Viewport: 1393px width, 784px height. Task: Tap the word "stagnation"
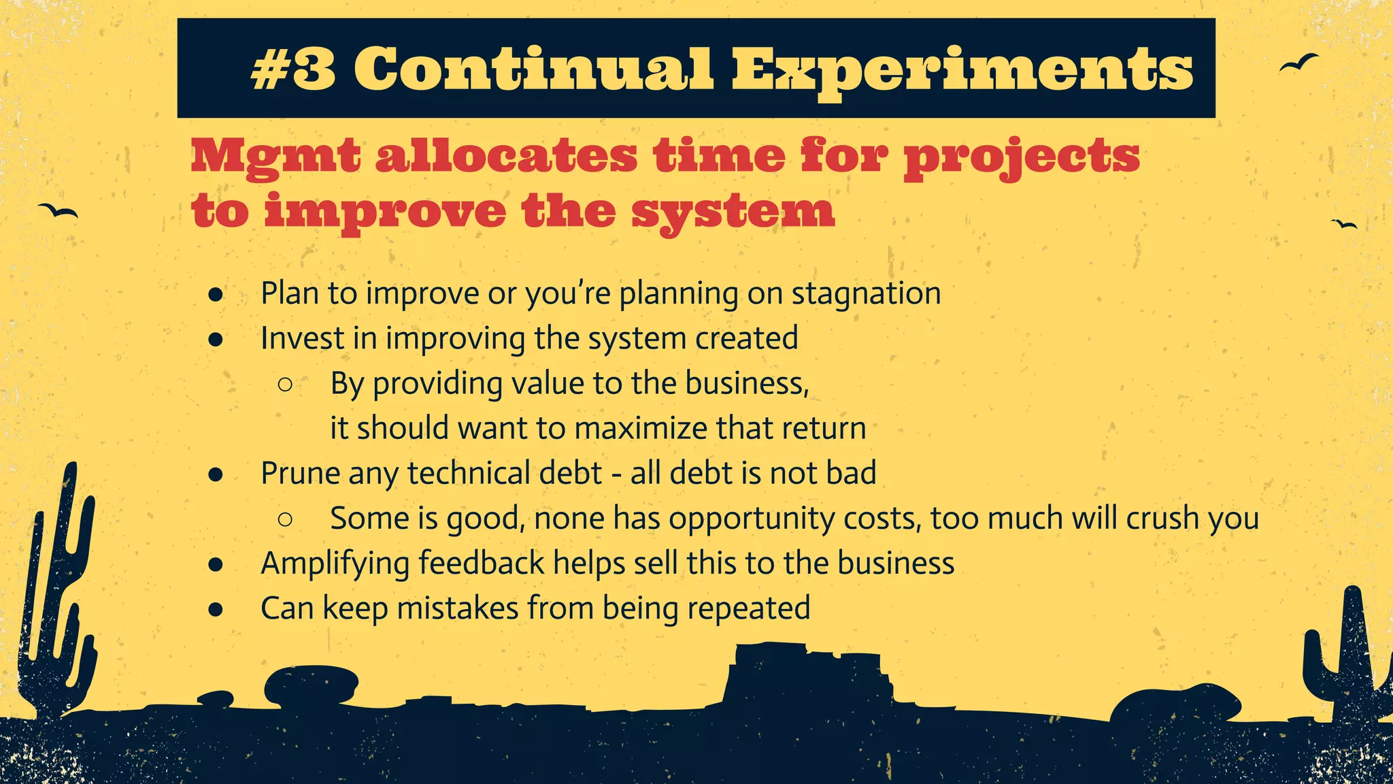pos(866,294)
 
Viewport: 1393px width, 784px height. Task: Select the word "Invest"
pos(301,338)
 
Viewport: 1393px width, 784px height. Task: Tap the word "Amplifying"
pos(334,564)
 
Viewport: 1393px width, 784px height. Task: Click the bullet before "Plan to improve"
pos(216,294)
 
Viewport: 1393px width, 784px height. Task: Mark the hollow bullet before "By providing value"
pos(285,385)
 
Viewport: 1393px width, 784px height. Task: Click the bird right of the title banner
pos(1298,63)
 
